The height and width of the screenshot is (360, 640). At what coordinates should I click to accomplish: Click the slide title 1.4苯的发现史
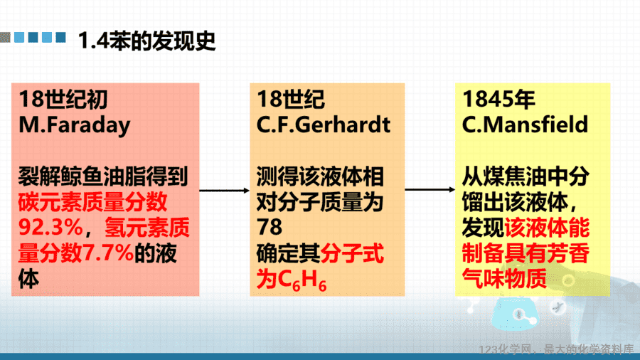click(146, 41)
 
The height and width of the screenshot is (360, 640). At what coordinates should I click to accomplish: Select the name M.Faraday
click(74, 125)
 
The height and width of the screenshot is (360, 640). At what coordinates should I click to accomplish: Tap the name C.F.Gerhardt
click(324, 125)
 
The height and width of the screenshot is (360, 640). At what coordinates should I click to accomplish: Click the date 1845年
click(498, 99)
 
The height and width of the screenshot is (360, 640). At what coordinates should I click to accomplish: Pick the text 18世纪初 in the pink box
click(63, 100)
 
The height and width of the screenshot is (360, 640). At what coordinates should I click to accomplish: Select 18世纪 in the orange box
click(291, 99)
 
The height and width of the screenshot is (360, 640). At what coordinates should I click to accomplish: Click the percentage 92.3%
click(50, 228)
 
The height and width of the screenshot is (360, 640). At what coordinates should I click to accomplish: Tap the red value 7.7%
click(108, 253)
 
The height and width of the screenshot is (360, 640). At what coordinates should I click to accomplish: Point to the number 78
click(270, 227)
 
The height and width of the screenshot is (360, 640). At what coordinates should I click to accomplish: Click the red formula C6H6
click(302, 280)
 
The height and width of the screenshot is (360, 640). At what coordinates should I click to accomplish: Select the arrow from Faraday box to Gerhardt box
click(224, 191)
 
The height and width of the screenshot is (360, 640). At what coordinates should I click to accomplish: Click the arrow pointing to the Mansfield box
click(430, 189)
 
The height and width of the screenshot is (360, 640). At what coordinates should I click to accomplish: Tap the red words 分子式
click(352, 253)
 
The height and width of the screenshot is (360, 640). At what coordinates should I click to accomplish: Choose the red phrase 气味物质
click(504, 279)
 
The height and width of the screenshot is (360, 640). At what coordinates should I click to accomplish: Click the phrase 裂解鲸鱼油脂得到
click(103, 176)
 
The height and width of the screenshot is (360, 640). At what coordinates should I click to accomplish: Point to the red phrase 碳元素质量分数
click(92, 201)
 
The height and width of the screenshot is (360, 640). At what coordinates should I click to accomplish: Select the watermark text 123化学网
click(506, 349)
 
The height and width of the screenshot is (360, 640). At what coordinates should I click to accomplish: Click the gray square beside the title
click(5, 37)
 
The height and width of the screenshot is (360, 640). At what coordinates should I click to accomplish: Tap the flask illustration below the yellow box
click(515, 313)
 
